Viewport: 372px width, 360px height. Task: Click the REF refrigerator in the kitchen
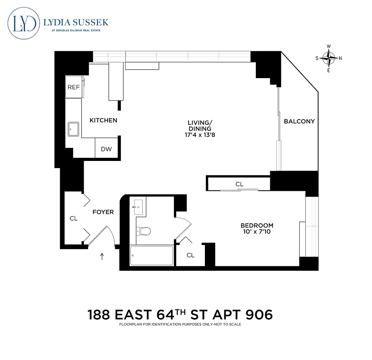[x=74, y=87]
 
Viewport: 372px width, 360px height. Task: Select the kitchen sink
[x=73, y=129]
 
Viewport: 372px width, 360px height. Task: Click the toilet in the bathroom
[x=144, y=231]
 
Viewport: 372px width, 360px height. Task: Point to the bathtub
[x=151, y=255]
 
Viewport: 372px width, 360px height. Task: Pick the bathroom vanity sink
[x=138, y=207]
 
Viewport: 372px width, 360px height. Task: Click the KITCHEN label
[x=103, y=120]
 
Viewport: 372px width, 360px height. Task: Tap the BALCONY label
[x=299, y=121]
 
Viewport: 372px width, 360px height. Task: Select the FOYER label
[x=103, y=212]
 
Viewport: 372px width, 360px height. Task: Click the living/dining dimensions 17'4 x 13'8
[x=200, y=135]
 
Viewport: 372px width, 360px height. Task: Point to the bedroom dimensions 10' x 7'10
[x=257, y=231]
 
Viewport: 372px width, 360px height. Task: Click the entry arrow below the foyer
[x=102, y=256]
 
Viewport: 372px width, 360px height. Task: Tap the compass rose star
[x=329, y=58]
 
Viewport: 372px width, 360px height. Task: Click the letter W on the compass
[x=329, y=46]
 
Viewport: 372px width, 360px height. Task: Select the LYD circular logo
[x=23, y=23]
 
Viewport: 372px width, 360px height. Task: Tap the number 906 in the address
[x=259, y=315]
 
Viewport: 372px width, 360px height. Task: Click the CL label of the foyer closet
[x=73, y=218]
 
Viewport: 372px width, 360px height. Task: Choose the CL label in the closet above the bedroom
[x=239, y=184]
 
